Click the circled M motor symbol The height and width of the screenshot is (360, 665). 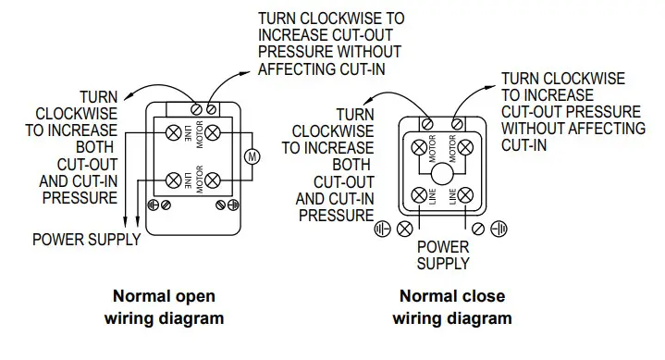[249, 156]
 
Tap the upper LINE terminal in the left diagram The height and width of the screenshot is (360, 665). [173, 132]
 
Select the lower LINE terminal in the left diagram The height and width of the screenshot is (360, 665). [173, 180]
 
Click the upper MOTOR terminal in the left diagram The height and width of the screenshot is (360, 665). [214, 132]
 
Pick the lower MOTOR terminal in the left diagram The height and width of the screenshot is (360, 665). [214, 180]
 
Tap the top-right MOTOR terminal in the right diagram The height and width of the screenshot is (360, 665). [467, 146]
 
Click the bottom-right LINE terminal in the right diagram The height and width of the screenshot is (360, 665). [467, 195]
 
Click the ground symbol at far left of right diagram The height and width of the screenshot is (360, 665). [382, 227]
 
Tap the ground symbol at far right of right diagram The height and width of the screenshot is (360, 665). [500, 227]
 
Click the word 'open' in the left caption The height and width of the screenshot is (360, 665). [195, 297]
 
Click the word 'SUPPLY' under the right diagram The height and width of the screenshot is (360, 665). [443, 264]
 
